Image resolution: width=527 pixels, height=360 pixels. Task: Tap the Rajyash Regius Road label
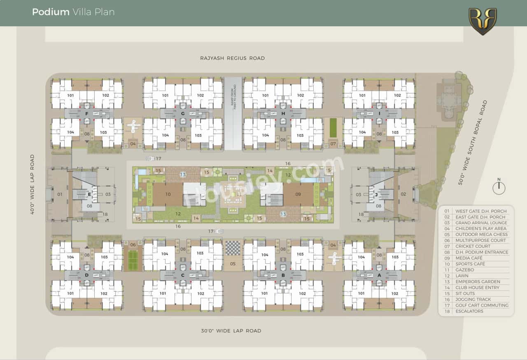(x=232, y=58)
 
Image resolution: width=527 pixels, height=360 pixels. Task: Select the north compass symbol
(x=499, y=188)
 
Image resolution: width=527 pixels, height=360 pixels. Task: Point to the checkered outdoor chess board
(x=233, y=248)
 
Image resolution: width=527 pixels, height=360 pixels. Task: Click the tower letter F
(x=86, y=114)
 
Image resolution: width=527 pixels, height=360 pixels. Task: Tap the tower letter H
(x=283, y=114)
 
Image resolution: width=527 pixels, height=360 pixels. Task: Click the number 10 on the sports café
(x=168, y=194)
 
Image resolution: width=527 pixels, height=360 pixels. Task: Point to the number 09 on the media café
(x=298, y=194)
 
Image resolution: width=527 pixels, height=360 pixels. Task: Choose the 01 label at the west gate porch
(x=60, y=194)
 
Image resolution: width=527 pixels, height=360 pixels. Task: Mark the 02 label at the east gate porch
(x=403, y=194)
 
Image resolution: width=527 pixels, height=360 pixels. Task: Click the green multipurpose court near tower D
(x=133, y=260)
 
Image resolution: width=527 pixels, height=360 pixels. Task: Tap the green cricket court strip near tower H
(x=333, y=128)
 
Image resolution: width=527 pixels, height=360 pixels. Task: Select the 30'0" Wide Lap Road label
(x=231, y=331)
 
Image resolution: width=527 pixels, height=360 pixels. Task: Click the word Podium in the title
(x=51, y=12)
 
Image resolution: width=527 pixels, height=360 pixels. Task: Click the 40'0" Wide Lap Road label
(x=33, y=184)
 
